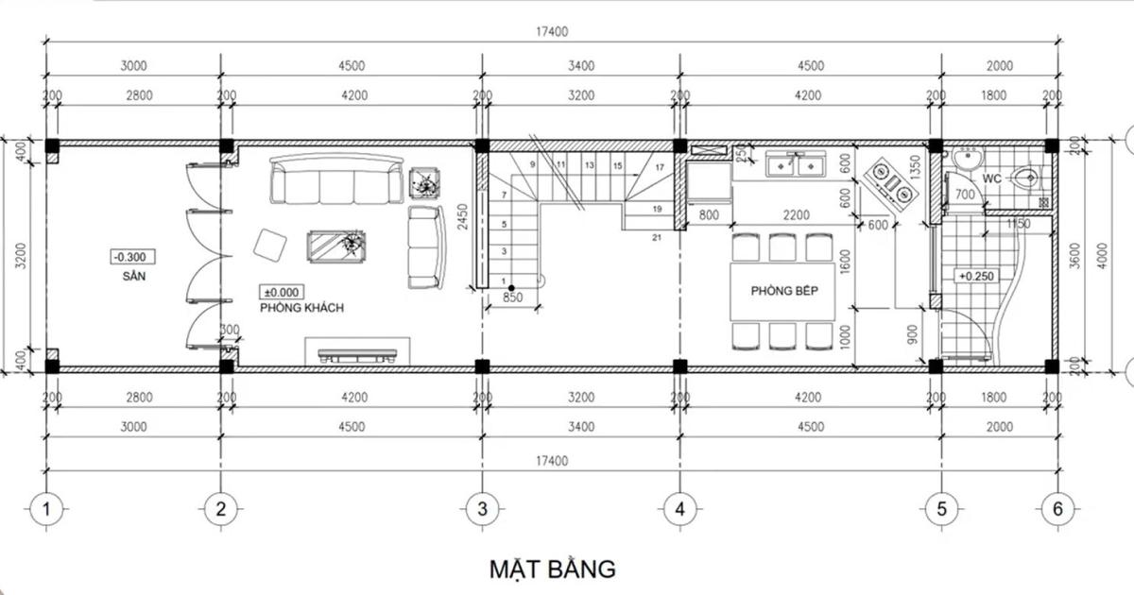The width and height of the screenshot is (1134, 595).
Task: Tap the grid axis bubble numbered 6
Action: (x=1057, y=509)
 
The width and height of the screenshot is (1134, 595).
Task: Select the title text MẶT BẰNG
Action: (x=553, y=569)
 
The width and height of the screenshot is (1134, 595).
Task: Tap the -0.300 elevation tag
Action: (x=131, y=257)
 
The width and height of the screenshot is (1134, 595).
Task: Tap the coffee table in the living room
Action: (x=337, y=246)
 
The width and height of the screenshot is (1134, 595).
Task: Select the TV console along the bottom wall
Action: (x=356, y=354)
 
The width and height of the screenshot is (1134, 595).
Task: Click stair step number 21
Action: (x=656, y=237)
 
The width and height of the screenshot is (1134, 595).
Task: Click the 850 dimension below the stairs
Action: (x=511, y=297)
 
